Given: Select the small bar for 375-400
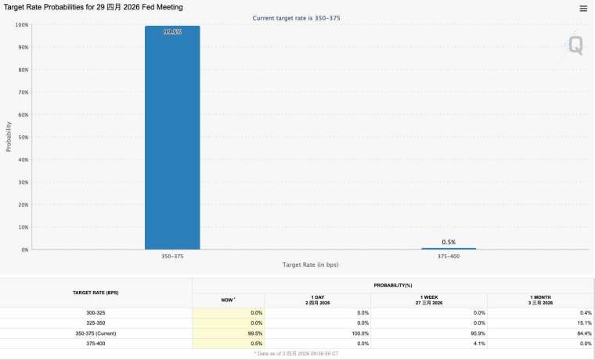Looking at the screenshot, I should (449, 248).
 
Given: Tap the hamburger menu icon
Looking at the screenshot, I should (583, 9).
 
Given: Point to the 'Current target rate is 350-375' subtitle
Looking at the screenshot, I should (297, 17).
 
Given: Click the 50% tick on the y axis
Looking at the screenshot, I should (23, 137).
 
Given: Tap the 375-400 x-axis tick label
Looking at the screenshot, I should (449, 255).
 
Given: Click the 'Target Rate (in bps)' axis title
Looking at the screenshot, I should (310, 265).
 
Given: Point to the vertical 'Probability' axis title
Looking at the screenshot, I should (9, 136).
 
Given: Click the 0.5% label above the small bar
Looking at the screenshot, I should (449, 242).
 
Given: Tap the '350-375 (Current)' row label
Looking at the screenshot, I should (96, 333).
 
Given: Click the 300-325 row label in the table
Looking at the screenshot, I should (96, 312).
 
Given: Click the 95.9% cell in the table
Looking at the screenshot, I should (477, 333).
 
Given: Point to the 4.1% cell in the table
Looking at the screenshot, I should (478, 343).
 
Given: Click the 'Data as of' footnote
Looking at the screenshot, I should (297, 354).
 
